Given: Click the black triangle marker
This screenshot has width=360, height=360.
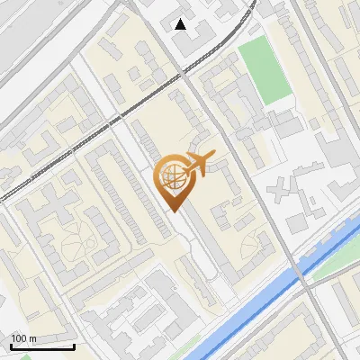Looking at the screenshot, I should pos(181,24).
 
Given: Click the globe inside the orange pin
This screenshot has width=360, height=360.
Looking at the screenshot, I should pos(172,175).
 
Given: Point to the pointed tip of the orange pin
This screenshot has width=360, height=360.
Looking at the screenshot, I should pos(173,211).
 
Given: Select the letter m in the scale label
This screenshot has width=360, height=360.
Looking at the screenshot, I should pos(33,338).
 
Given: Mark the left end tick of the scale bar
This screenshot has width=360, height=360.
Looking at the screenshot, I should pos(10,346).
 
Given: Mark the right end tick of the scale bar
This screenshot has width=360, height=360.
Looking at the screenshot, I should pos(75,346).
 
